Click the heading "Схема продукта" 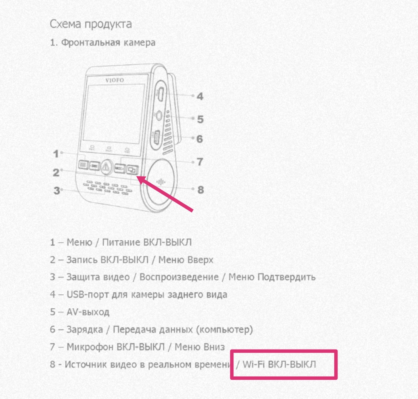tap(91, 24)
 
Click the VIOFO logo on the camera tap(115, 80)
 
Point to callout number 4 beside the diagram tap(200, 96)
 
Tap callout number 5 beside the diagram tap(200, 119)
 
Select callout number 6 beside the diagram tap(200, 139)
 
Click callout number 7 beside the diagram tap(200, 162)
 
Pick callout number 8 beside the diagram tap(200, 190)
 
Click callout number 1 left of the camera tap(56, 154)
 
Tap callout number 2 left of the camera tap(56, 173)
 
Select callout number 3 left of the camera tap(57, 190)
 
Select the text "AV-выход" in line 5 tap(88, 312)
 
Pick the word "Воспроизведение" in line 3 tap(179, 277)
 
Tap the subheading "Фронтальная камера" tap(108, 42)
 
